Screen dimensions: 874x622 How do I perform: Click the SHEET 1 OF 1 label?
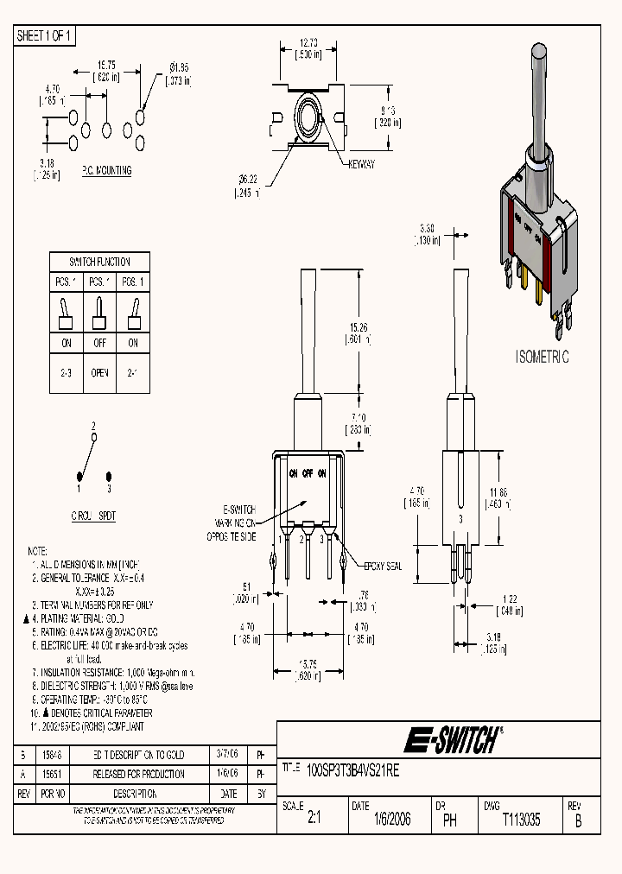(x=46, y=35)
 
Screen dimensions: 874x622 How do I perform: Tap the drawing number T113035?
(x=521, y=821)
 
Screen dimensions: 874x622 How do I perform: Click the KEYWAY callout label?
(x=361, y=164)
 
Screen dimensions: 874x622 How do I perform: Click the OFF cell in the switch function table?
(x=99, y=343)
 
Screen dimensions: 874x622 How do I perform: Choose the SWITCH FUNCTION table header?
(x=99, y=262)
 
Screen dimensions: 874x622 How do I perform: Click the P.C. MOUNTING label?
(x=106, y=170)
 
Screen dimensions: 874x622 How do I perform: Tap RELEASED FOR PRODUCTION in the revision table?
(x=138, y=775)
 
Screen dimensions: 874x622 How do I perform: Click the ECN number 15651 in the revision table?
(x=54, y=775)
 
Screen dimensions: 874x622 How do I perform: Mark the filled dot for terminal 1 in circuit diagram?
(x=80, y=476)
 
